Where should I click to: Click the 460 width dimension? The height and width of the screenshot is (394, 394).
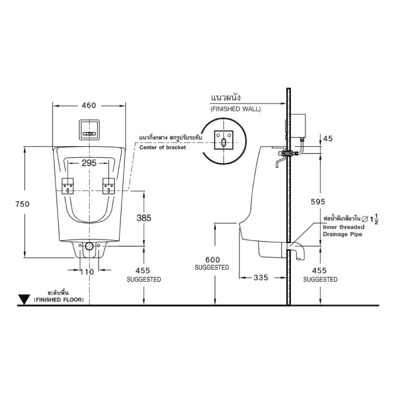[89, 106]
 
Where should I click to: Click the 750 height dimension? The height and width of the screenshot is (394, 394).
[22, 204]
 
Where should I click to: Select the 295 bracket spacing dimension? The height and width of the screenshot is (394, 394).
[89, 163]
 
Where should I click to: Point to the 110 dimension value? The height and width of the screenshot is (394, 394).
[88, 272]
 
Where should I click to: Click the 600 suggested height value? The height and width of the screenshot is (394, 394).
[212, 260]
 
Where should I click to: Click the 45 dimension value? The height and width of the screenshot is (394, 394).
[327, 138]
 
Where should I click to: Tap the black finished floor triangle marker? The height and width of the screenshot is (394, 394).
[24, 300]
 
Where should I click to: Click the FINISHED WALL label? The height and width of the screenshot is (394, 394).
[235, 109]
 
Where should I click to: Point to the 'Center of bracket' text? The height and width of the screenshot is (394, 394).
[162, 148]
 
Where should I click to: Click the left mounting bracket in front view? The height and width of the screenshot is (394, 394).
[69, 186]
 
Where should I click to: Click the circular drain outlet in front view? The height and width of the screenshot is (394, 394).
[89, 246]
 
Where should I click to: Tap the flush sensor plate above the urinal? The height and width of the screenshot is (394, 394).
[89, 130]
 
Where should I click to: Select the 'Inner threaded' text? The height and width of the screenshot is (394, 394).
[343, 227]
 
